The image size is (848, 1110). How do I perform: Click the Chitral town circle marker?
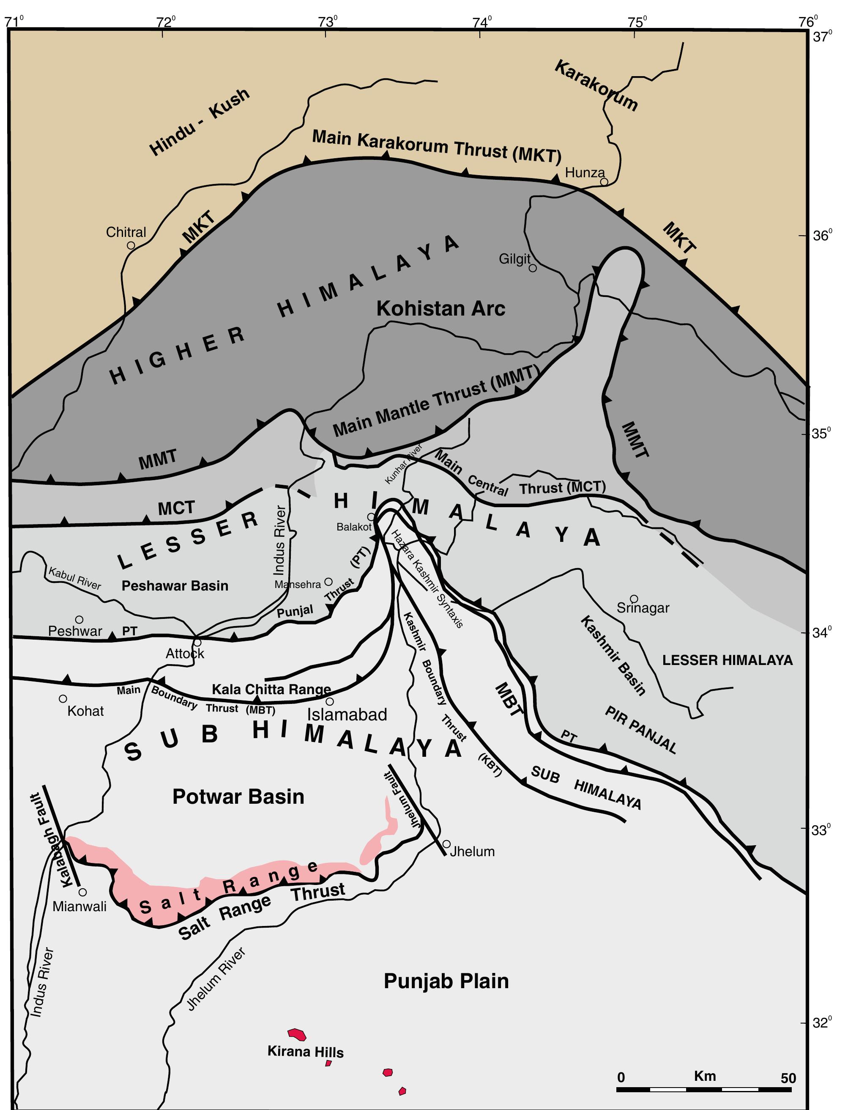pos(131,245)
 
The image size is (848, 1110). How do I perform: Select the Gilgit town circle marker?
pos(533,268)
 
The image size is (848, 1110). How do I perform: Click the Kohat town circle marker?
pos(63,699)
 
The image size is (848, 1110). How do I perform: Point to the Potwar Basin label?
pos(238,797)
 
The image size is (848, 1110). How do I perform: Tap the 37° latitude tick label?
pos(822,37)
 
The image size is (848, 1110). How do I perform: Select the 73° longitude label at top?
pos(328,22)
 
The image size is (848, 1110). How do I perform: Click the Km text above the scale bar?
pos(705,1076)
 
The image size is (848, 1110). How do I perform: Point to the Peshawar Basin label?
pos(175,586)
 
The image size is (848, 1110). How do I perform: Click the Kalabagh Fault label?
pos(50,841)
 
